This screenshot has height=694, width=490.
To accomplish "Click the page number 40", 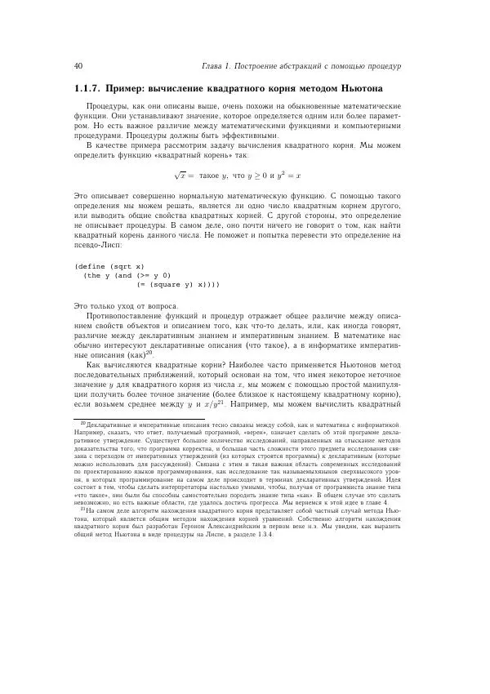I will pyautogui.click(x=78, y=66).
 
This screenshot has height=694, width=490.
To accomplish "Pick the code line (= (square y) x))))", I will pyautogui.click(x=178, y=285).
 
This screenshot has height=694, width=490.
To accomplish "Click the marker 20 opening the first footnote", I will pyautogui.click(x=82, y=425).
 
